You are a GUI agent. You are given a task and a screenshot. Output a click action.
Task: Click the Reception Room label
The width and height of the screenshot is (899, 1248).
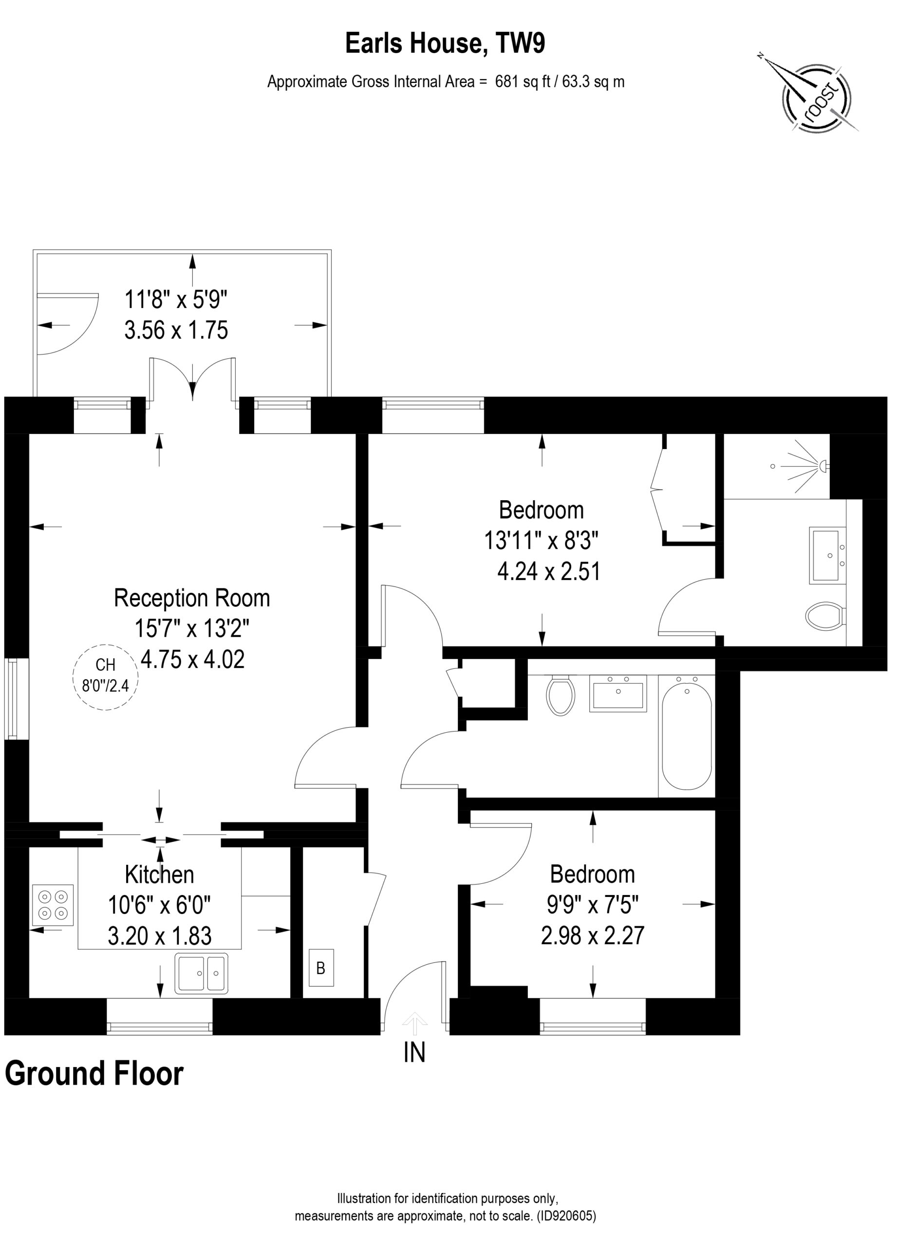192,598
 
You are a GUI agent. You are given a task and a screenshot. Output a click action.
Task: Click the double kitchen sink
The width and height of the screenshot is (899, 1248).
201,974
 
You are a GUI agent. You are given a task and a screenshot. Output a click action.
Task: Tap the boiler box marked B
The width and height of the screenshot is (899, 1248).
321,968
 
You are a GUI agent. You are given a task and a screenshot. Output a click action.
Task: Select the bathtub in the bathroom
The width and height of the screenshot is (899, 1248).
687,737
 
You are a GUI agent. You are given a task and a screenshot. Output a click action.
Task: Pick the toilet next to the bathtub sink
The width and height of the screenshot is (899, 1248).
561,696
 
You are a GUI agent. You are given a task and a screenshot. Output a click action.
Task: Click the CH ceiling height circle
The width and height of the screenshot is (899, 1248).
106,677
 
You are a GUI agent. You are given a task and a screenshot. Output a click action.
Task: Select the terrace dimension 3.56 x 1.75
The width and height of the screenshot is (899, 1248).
176,330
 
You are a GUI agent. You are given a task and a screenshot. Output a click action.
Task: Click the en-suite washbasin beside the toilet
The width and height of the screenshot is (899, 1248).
827,556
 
